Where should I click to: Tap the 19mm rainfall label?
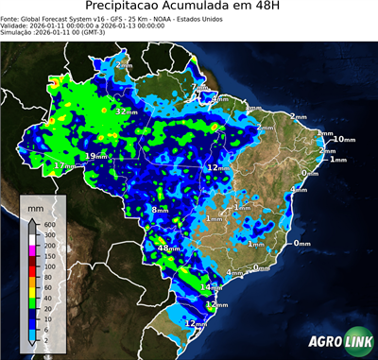click(95, 156)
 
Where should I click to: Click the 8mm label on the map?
click(160, 210)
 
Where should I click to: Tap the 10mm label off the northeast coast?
click(345, 140)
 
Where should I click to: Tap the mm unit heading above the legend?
click(36, 204)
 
